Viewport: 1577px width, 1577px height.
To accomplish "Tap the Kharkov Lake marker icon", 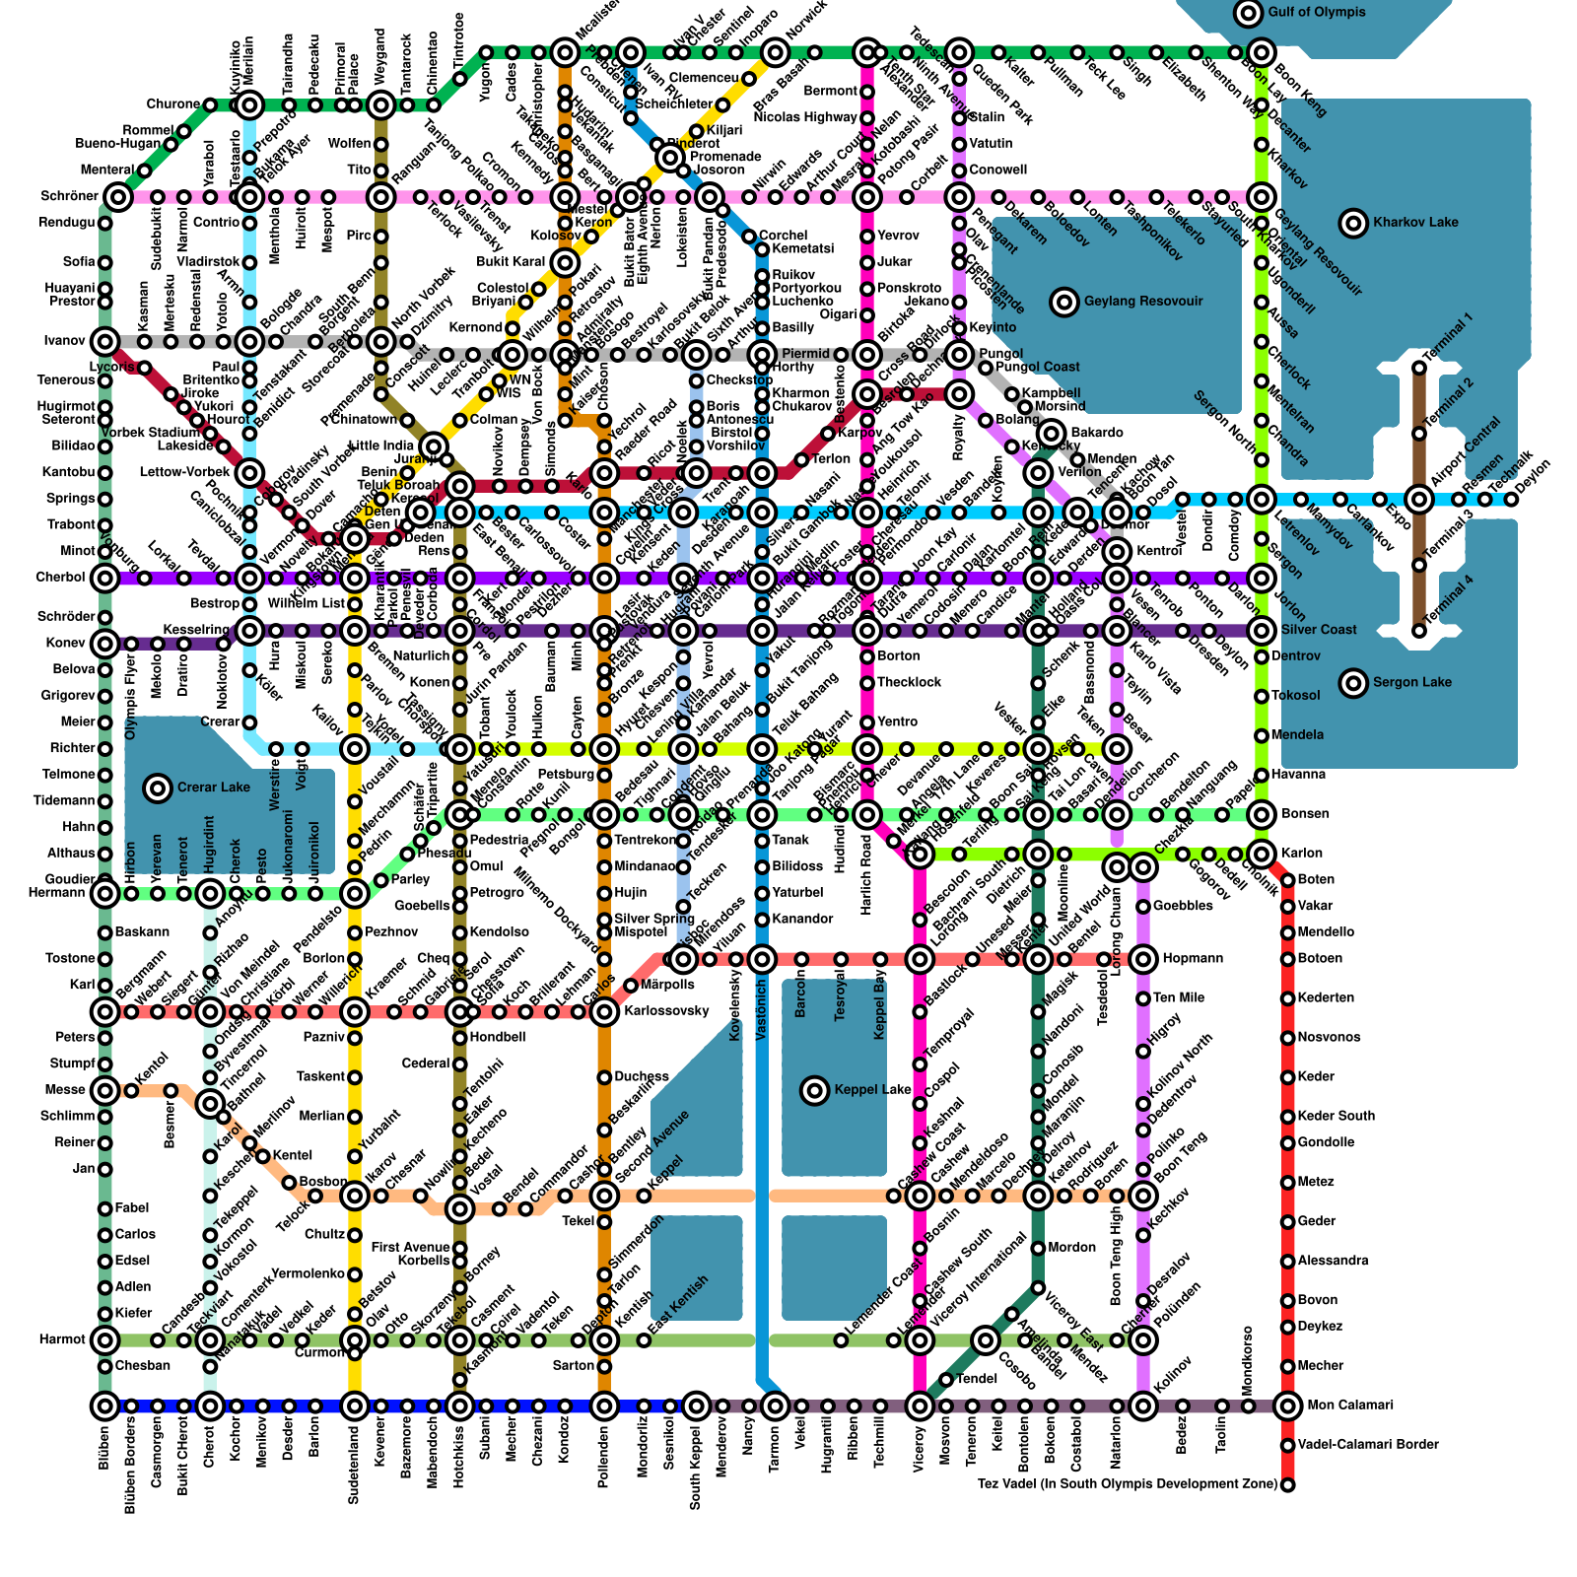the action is pos(1354,223).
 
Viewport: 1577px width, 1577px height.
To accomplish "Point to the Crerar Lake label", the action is pos(214,788).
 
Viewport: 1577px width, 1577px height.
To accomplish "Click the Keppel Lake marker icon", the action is pos(815,1090).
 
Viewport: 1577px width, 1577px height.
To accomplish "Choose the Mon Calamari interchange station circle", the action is pos(1287,1406).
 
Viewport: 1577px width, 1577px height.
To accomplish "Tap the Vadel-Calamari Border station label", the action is pos(1368,1445).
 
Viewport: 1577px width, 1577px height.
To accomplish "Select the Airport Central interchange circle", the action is pos(1419,500).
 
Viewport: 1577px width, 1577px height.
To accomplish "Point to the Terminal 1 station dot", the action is pos(1419,368).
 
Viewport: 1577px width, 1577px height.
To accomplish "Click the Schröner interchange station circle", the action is pos(118,197).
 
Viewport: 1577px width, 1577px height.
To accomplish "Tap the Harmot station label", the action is pos(63,1339).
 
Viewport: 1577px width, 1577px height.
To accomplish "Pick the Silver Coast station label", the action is pos(1319,630).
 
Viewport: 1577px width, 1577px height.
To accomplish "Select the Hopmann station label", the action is pos(1193,958).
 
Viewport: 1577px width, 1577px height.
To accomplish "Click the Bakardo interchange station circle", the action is pos(1052,433).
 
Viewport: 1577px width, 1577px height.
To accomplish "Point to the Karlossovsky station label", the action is pos(666,1011).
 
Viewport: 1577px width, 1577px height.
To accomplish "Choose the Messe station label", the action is pos(65,1090).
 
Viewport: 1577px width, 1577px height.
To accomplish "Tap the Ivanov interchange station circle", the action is pos(105,342).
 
